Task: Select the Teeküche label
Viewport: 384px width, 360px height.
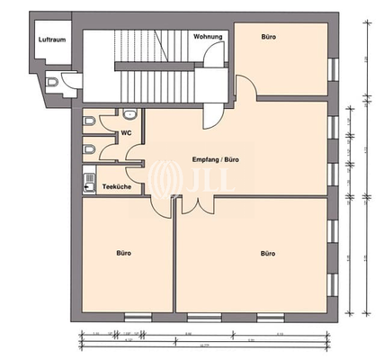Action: pyautogui.click(x=117, y=186)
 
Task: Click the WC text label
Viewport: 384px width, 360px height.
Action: pyautogui.click(x=128, y=133)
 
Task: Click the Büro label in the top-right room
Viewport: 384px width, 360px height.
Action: pyautogui.click(x=268, y=38)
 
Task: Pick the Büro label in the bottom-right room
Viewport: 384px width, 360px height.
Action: pyautogui.click(x=267, y=254)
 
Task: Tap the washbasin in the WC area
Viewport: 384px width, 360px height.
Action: pyautogui.click(x=129, y=114)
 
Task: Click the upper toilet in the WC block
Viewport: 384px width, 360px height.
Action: pyautogui.click(x=88, y=121)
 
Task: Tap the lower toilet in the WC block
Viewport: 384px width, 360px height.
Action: pyautogui.click(x=88, y=148)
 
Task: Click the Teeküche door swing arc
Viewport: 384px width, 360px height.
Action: pyautogui.click(x=135, y=166)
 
